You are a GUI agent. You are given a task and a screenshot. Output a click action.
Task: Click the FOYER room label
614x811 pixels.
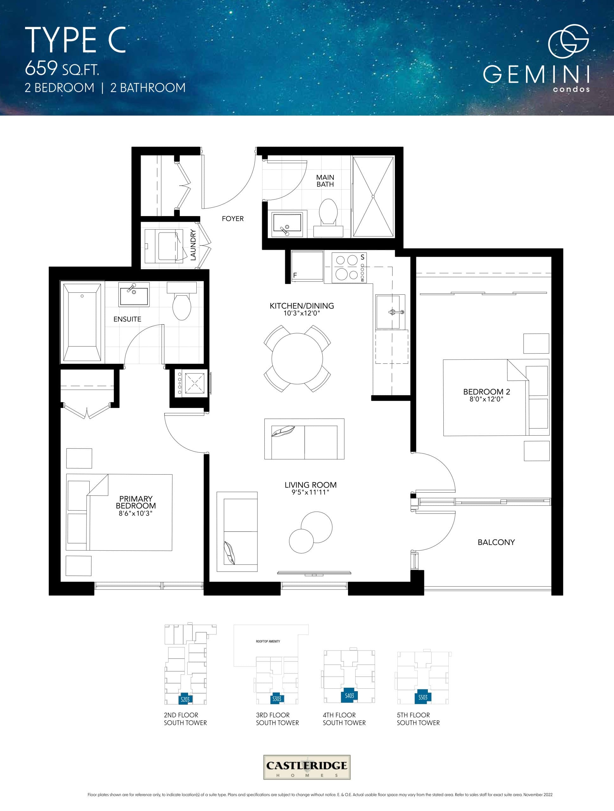tap(232, 219)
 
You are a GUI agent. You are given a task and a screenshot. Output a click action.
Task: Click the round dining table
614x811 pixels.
tap(297, 358)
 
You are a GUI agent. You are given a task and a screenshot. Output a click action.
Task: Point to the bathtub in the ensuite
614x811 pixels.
tap(82, 322)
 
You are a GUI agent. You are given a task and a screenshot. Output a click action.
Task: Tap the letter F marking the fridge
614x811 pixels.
tap(295, 275)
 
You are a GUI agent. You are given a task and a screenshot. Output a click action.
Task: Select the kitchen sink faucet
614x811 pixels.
tap(396, 312)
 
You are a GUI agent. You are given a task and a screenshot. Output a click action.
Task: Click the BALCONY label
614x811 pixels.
tap(496, 542)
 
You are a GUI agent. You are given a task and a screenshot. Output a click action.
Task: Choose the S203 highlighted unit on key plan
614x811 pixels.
tap(185, 699)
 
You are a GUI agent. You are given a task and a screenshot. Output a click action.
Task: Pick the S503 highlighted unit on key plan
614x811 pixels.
tap(423, 697)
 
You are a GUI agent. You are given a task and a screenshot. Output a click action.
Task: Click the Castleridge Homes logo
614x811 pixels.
tap(307, 767)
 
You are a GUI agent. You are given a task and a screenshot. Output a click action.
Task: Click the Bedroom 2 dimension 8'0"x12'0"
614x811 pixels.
tap(486, 399)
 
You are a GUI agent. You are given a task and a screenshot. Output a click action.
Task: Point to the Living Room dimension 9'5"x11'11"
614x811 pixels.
tap(310, 492)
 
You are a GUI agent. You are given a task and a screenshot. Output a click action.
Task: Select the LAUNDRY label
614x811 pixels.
tap(193, 245)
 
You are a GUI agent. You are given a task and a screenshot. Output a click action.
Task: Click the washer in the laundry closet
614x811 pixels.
tap(164, 246)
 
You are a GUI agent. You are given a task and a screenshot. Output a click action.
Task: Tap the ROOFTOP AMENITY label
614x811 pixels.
tap(268, 641)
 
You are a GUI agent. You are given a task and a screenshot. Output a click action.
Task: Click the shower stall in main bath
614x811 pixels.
tap(373, 197)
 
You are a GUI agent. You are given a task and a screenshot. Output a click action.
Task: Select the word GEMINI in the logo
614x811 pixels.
tap(536, 75)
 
